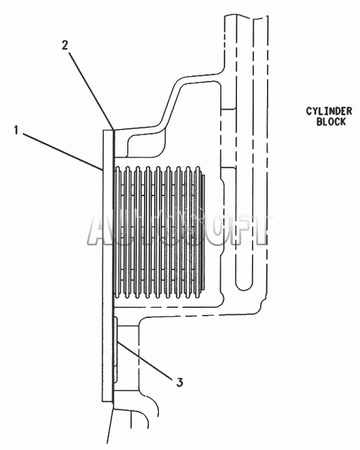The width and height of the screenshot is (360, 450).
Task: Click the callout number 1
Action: [x=16, y=130]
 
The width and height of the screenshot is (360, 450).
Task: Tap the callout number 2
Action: [x=65, y=45]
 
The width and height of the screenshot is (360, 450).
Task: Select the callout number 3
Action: [x=179, y=382]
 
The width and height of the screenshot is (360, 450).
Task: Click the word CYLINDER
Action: [x=329, y=111]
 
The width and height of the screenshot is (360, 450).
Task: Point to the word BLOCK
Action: [x=331, y=121]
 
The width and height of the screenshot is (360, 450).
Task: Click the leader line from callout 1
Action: [x=63, y=152]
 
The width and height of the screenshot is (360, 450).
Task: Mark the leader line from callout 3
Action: [x=145, y=359]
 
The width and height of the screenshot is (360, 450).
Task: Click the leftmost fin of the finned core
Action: [x=117, y=232]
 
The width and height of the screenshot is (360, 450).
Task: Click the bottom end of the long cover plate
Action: [x=107, y=401]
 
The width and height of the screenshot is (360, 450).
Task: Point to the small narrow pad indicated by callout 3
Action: [x=116, y=350]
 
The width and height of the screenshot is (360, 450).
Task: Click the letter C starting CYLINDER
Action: [x=308, y=111]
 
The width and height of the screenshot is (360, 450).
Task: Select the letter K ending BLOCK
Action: [x=343, y=121]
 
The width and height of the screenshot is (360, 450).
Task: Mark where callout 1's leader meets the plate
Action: [x=103, y=171]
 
